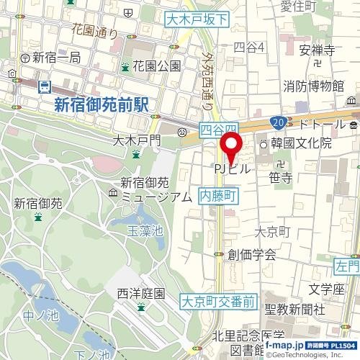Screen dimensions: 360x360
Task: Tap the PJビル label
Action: tap(232, 168)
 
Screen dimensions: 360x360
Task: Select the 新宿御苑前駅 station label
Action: tap(100, 105)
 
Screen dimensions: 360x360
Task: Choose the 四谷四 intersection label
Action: tap(218, 129)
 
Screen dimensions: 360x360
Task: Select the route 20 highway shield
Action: tap(279, 123)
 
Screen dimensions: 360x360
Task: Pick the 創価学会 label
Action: tap(251, 254)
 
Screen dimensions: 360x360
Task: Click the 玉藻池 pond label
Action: tap(145, 230)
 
